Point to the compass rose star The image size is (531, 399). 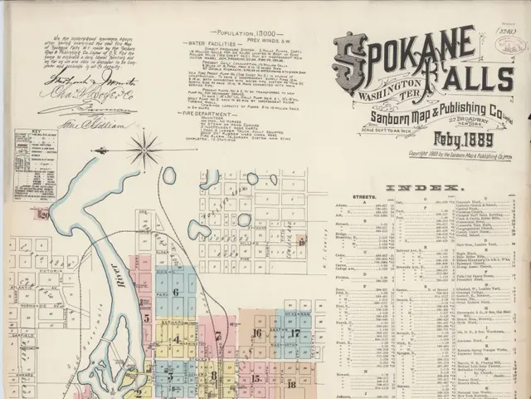pyautogui.click(x=144, y=150)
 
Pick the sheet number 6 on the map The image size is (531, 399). pyautogui.click(x=175, y=292)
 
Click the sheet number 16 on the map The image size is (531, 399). pyautogui.click(x=257, y=332)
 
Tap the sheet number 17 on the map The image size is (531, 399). pyautogui.click(x=295, y=332)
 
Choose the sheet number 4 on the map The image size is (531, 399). pyautogui.click(x=177, y=338)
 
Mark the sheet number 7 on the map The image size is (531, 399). pyautogui.click(x=217, y=336)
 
